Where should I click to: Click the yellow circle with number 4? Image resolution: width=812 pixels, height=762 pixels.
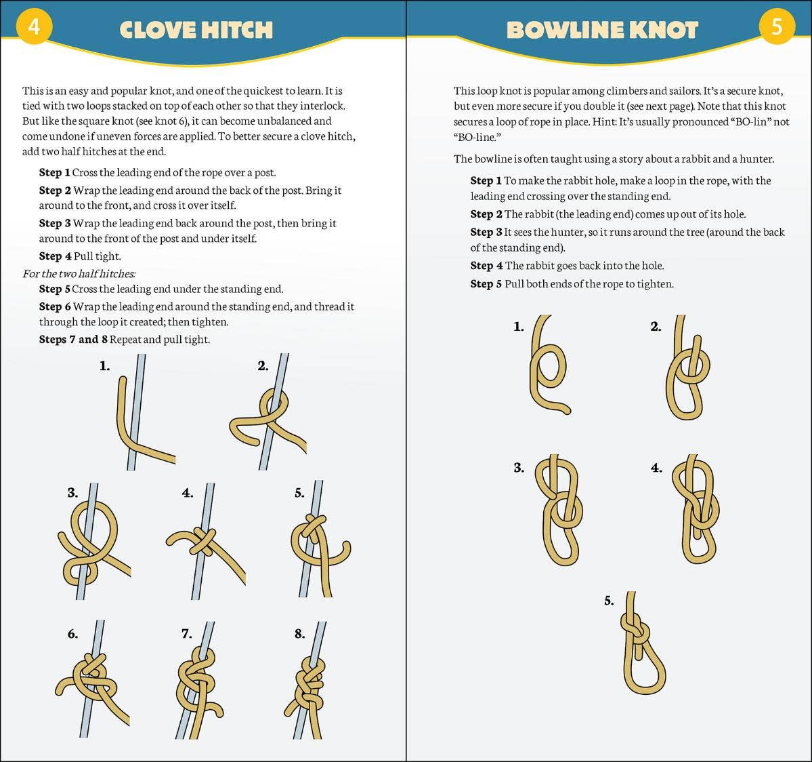33,26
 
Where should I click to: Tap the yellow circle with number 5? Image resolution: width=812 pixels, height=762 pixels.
776,26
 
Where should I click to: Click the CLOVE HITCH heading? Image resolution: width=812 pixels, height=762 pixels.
196,30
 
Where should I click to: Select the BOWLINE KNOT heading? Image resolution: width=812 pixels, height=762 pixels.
602,30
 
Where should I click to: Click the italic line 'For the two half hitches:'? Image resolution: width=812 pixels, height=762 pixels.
79,273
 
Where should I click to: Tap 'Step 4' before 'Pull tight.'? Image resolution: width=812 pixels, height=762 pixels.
55,256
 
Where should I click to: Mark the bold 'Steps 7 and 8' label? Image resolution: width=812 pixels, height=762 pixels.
73,339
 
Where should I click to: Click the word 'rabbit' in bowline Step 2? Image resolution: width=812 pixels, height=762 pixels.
540,214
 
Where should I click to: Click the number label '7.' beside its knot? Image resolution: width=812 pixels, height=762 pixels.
187,634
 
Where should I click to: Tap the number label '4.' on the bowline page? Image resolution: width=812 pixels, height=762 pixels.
656,468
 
